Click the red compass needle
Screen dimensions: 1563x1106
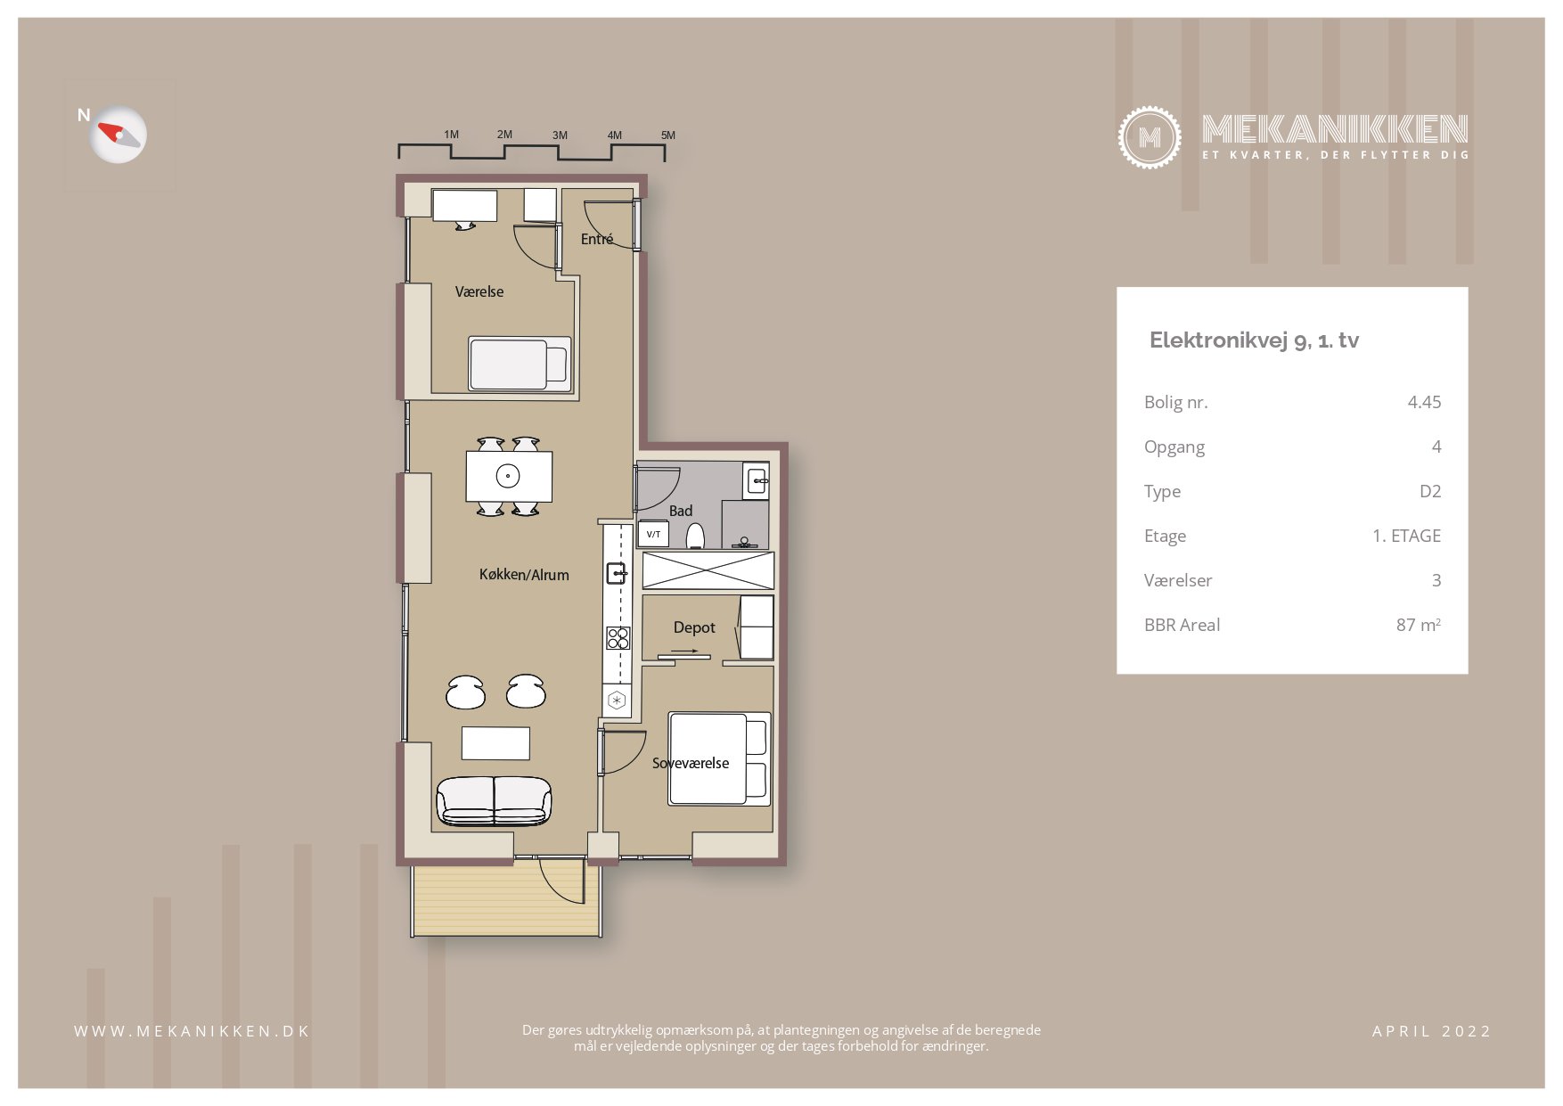click(110, 131)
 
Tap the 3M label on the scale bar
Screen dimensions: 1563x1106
click(560, 135)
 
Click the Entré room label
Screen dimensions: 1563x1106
click(597, 239)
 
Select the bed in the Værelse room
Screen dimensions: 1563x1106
click(520, 364)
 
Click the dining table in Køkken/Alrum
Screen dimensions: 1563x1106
click(509, 477)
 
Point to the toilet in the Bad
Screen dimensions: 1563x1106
click(696, 536)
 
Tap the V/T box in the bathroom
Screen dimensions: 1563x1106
click(653, 534)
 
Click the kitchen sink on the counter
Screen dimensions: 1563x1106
click(616, 572)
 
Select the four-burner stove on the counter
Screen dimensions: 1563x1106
click(618, 637)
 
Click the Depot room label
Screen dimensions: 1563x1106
click(694, 627)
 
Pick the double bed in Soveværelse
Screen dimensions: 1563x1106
click(719, 758)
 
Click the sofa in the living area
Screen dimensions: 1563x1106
click(494, 800)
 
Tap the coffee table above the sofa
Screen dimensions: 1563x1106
click(495, 743)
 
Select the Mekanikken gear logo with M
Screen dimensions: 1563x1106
click(1150, 137)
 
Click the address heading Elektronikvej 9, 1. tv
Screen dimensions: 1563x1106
click(1254, 340)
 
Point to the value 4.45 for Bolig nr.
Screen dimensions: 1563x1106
click(1424, 402)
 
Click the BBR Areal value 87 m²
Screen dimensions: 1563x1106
click(1418, 625)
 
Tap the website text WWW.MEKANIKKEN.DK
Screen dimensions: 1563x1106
click(192, 1031)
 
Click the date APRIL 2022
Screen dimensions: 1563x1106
click(1431, 1031)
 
